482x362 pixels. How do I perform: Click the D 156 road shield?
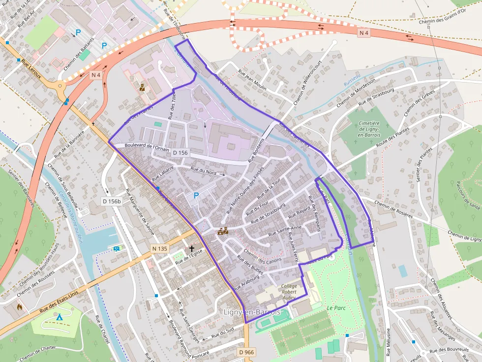click(x=181, y=153)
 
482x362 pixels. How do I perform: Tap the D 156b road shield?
click(x=112, y=201)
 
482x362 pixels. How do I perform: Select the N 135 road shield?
click(x=160, y=249)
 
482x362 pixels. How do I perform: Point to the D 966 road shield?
click(x=247, y=352)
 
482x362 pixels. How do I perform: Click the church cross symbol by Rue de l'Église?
click(x=191, y=249)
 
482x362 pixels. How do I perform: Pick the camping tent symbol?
click(x=60, y=317)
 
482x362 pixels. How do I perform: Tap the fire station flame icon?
click(x=19, y=306)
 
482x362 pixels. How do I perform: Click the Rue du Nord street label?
click(x=204, y=171)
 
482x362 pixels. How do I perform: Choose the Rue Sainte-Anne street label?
click(x=285, y=232)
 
